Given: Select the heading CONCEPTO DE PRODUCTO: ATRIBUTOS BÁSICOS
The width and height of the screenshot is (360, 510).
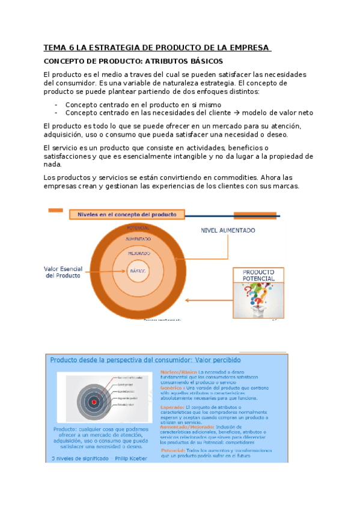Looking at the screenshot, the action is point(133,61).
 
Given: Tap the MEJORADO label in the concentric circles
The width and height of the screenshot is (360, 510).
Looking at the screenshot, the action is point(138,254).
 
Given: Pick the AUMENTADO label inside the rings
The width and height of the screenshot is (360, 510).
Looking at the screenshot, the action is point(138,239).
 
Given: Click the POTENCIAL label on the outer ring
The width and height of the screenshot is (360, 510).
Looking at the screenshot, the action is point(138,227).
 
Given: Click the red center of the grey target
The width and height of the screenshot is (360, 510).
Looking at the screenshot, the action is point(94,401).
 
